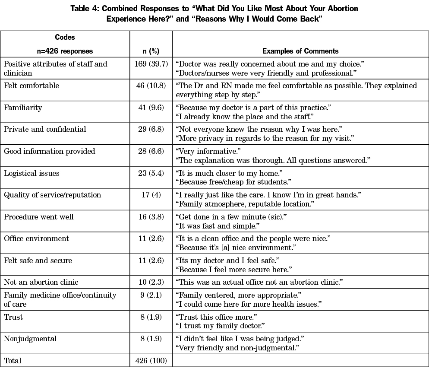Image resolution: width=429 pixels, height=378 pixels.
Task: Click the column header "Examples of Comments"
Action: pos(300,51)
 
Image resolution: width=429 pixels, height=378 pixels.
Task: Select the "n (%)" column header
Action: pos(151,51)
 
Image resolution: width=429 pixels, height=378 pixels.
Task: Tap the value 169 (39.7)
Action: pos(151,64)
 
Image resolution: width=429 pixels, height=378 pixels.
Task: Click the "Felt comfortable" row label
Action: pos(32,86)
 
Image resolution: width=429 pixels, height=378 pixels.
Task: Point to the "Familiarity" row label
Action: pos(23,108)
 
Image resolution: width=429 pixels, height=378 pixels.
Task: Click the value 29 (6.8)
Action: pos(151,129)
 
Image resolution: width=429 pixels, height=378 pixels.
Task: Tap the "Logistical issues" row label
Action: pos(32,173)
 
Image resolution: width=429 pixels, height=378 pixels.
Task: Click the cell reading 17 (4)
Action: pos(151,195)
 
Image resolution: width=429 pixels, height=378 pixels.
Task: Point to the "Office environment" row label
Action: pos(36,238)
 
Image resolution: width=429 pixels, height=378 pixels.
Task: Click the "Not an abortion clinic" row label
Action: pos(41,282)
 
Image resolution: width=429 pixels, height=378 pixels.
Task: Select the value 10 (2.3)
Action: pos(151,282)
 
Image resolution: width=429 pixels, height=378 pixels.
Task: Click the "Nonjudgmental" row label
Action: pos(30,339)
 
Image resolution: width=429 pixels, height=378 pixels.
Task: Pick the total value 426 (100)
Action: pos(151,360)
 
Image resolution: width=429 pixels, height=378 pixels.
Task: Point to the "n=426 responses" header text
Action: pos(65,51)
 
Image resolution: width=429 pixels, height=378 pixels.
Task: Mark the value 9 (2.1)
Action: pos(151,295)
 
